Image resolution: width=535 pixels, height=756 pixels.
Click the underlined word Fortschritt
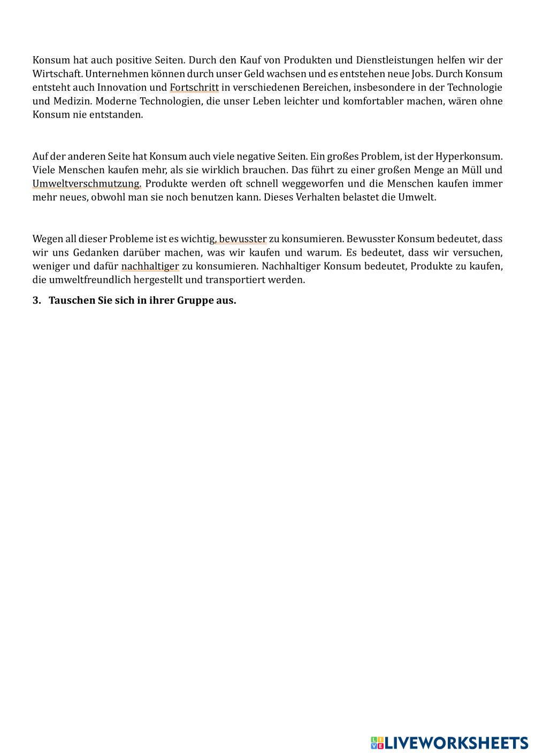(194, 87)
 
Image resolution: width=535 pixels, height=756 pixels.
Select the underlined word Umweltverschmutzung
(86, 183)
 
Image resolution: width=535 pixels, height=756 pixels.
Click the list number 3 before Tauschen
(36, 300)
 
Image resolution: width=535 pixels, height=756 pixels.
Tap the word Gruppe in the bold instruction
(196, 300)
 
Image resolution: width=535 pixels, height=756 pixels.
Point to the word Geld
(255, 74)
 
